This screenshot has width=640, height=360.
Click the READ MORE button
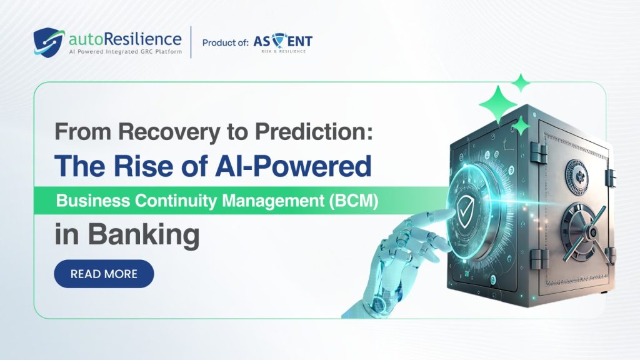[x=104, y=274]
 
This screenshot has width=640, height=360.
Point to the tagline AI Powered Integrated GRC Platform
[x=124, y=51]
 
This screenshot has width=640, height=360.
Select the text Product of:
[x=224, y=42]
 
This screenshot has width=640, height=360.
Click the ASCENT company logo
[x=282, y=41]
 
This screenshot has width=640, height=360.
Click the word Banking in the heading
[x=144, y=236]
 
